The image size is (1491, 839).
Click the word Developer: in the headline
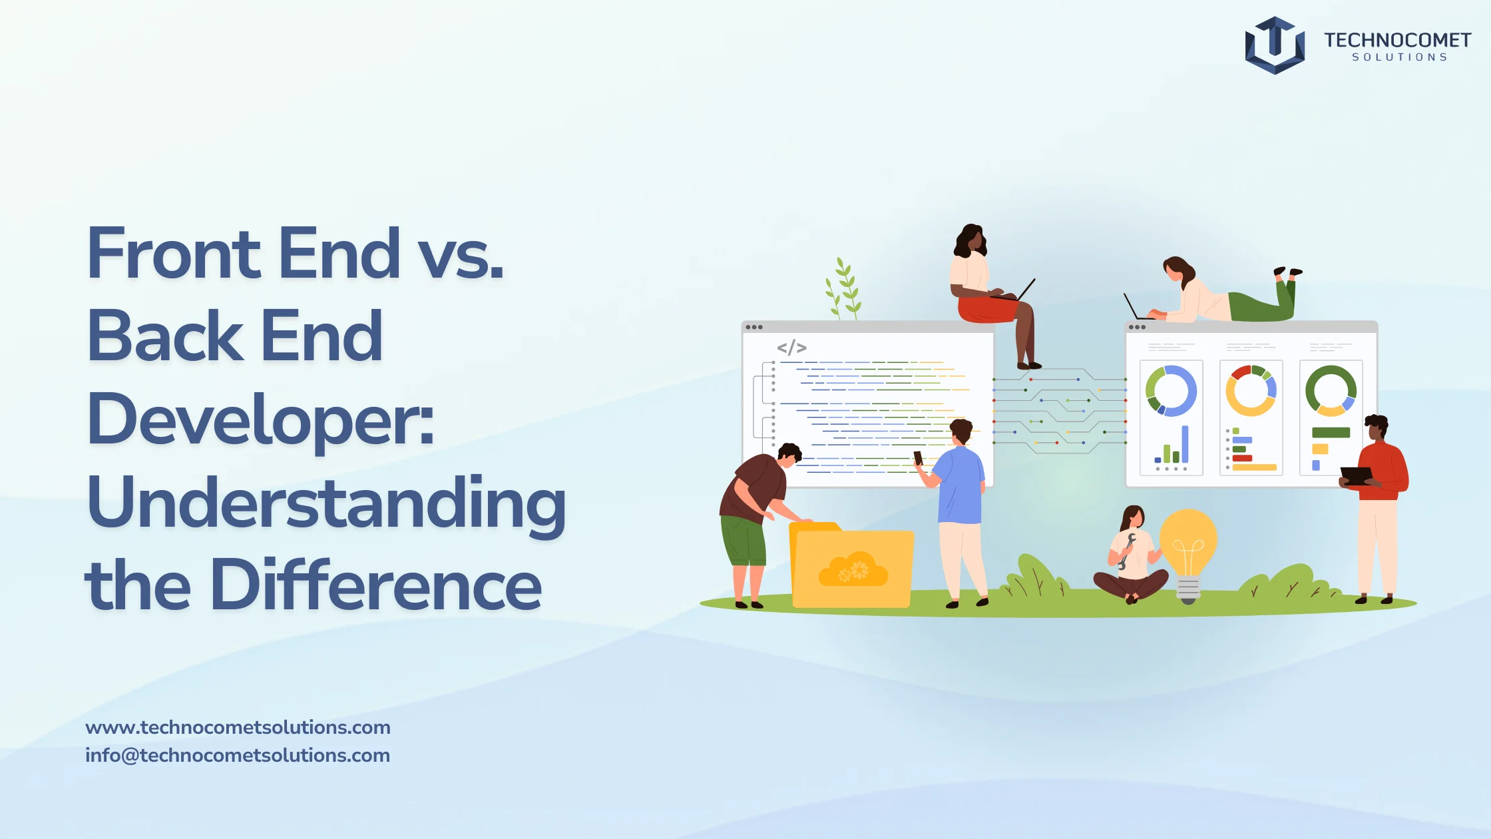(260, 419)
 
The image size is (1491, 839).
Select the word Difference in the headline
(376, 585)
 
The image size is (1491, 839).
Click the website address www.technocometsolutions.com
(238, 727)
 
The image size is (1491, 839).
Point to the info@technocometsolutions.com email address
(238, 755)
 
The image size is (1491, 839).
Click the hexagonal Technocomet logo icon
(1275, 45)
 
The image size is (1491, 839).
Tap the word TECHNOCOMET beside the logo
(1397, 40)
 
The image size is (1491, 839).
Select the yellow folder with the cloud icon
(851, 565)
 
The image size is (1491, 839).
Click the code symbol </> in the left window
(791, 348)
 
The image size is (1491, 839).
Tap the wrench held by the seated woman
(1126, 551)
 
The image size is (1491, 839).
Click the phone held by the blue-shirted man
(918, 458)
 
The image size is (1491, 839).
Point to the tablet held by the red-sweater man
(1356, 475)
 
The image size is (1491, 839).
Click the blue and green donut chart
(1171, 391)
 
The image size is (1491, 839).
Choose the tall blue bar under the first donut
(1185, 444)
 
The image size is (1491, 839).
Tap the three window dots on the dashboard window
(1137, 327)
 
